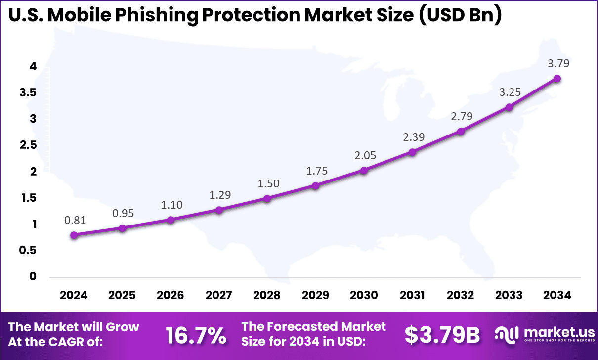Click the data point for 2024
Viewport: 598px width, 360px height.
tap(74, 235)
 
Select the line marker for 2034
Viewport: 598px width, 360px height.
tap(557, 78)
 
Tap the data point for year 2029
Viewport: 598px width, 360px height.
tap(315, 185)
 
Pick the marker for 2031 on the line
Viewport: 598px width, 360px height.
tap(412, 152)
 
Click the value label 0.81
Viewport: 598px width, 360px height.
tap(75, 221)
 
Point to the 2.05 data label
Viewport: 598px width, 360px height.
tap(365, 155)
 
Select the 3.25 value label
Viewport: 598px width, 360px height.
tap(510, 92)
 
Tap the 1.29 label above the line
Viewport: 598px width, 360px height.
tap(220, 195)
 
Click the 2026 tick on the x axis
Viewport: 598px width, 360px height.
tap(170, 295)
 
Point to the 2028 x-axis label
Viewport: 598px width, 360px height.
tap(267, 295)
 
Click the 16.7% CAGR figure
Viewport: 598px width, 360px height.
tap(196, 336)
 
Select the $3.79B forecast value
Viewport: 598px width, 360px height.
tap(442, 336)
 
